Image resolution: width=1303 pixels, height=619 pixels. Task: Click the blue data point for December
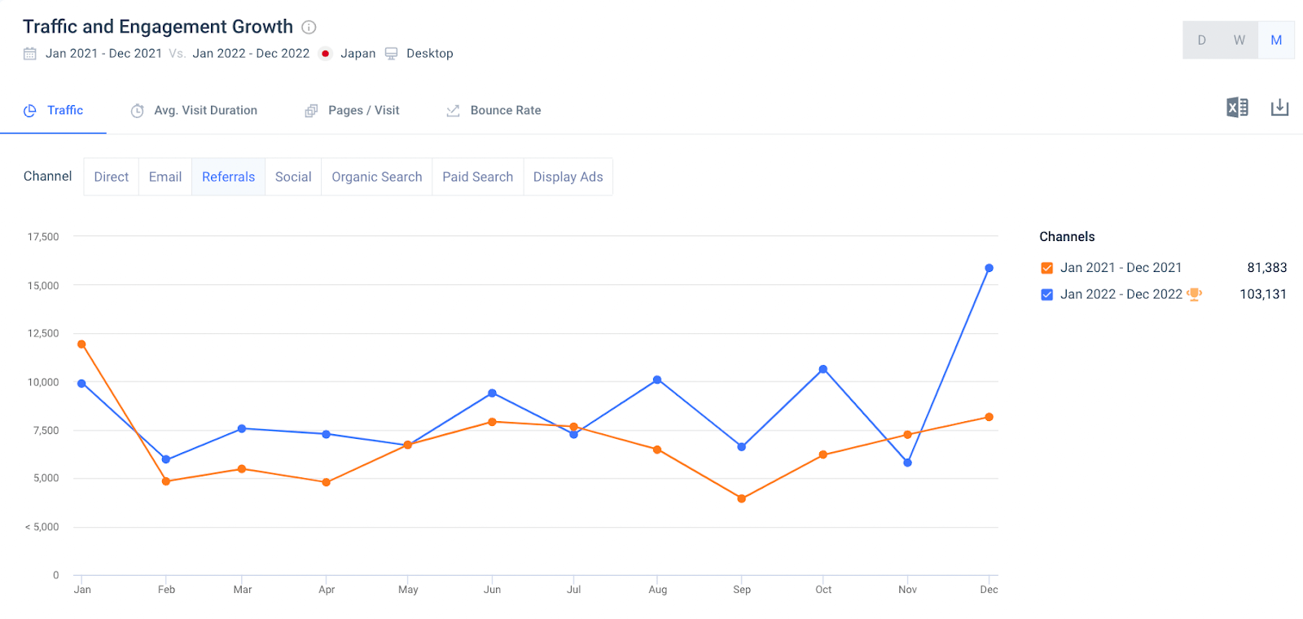click(989, 268)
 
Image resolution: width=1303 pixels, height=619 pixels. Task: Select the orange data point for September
click(741, 498)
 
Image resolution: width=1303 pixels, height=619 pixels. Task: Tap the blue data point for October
click(823, 369)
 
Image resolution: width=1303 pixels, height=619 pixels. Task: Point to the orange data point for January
click(81, 345)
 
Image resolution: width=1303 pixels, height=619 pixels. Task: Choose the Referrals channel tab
click(228, 177)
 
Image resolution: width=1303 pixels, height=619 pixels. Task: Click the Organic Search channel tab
click(376, 177)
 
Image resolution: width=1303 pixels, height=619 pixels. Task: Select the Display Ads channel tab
click(568, 177)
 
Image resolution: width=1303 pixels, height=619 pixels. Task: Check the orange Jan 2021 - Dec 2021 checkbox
click(1047, 268)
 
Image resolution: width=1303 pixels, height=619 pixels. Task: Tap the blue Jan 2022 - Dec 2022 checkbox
click(1047, 295)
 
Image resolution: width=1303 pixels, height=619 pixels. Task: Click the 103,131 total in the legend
click(1263, 294)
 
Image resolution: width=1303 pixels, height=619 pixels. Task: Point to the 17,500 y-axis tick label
click(43, 237)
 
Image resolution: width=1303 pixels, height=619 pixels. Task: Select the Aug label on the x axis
click(658, 590)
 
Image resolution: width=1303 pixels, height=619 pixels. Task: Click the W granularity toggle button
click(1239, 40)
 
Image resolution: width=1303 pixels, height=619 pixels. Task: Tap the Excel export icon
click(1237, 108)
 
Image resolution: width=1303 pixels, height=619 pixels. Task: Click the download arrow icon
click(1279, 108)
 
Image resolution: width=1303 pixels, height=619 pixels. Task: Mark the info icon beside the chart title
click(309, 27)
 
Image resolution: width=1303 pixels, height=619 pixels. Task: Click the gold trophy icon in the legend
click(1195, 294)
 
